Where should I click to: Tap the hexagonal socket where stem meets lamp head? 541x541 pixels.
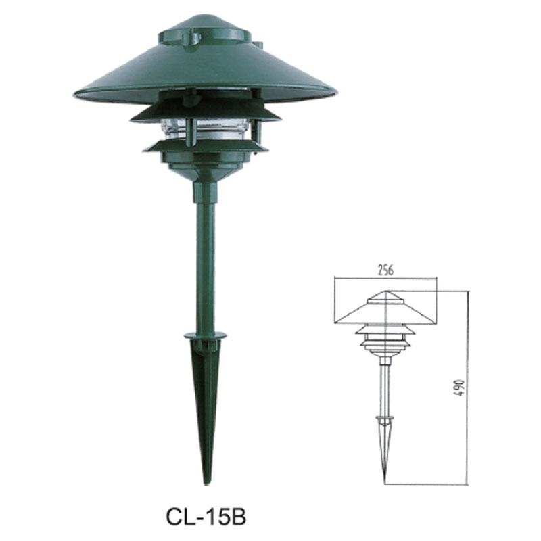[205, 191]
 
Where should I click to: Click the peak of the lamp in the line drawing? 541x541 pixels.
[385, 292]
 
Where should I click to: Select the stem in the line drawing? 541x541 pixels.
[385, 385]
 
